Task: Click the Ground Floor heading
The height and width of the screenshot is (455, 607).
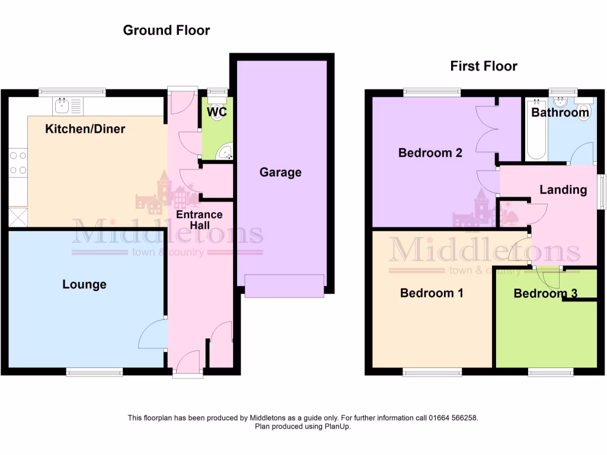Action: coord(166,30)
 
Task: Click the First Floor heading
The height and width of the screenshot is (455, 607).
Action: coord(483,66)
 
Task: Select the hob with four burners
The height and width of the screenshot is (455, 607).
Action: coord(17,163)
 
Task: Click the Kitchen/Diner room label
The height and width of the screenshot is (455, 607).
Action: coord(85,129)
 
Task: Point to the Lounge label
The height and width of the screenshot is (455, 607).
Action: coord(85,284)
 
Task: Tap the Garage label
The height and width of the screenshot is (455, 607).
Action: coord(280,172)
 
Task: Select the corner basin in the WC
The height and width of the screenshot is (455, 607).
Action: coord(225,153)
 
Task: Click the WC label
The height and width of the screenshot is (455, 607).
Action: coord(216,112)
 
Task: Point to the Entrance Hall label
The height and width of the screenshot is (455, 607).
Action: coord(199,220)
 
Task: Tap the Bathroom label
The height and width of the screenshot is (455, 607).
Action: coord(560,113)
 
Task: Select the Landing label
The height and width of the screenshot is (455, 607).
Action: coord(563,190)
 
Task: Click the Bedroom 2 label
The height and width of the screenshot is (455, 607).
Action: coord(430,153)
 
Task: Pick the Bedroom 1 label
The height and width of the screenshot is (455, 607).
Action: coord(432,293)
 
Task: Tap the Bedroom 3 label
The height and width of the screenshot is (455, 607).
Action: coord(545,293)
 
